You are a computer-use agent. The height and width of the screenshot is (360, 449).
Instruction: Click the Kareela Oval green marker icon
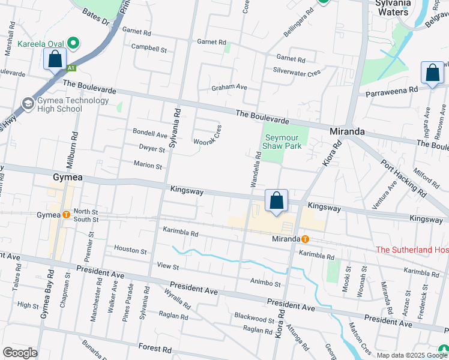74,43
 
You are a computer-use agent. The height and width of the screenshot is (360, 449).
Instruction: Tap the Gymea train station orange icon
66,214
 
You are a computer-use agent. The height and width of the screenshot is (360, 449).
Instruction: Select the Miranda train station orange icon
306,239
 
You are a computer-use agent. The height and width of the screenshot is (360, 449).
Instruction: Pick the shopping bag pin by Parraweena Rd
432,73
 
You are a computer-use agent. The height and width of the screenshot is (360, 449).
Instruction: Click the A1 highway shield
71,67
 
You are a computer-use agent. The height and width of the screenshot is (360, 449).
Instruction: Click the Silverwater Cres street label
297,71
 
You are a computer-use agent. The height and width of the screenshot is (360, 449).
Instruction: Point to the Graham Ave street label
229,87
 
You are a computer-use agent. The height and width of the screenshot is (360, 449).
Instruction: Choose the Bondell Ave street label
150,133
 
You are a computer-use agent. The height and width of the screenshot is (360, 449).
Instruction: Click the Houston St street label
131,250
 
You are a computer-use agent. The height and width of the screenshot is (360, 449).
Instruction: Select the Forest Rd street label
155,347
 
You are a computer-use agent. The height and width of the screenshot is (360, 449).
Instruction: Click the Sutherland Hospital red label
412,250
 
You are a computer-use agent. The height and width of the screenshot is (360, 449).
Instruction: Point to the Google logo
20,353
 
